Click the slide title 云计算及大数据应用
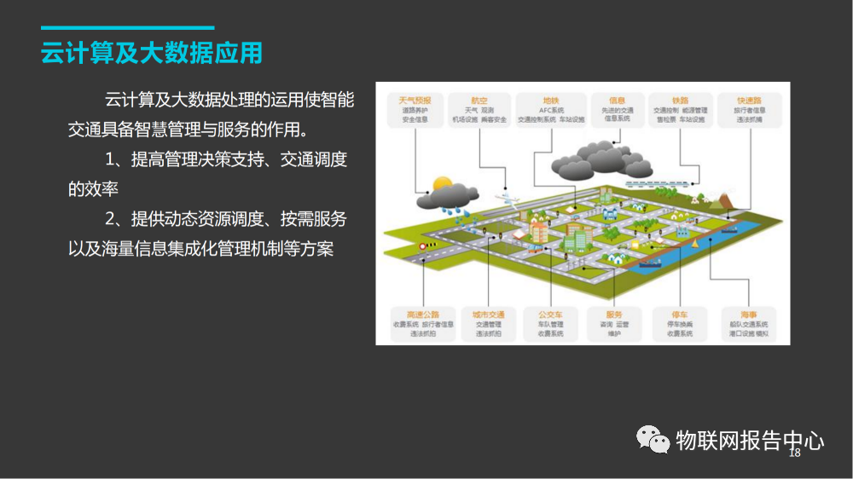click(x=152, y=53)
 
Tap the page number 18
click(x=794, y=453)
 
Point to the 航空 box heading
click(x=479, y=100)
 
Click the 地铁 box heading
click(x=550, y=100)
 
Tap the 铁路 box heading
click(x=680, y=100)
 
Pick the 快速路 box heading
click(x=750, y=100)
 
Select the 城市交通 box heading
click(x=488, y=315)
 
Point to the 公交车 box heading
click(x=550, y=315)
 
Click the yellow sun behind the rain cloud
click(x=441, y=182)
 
